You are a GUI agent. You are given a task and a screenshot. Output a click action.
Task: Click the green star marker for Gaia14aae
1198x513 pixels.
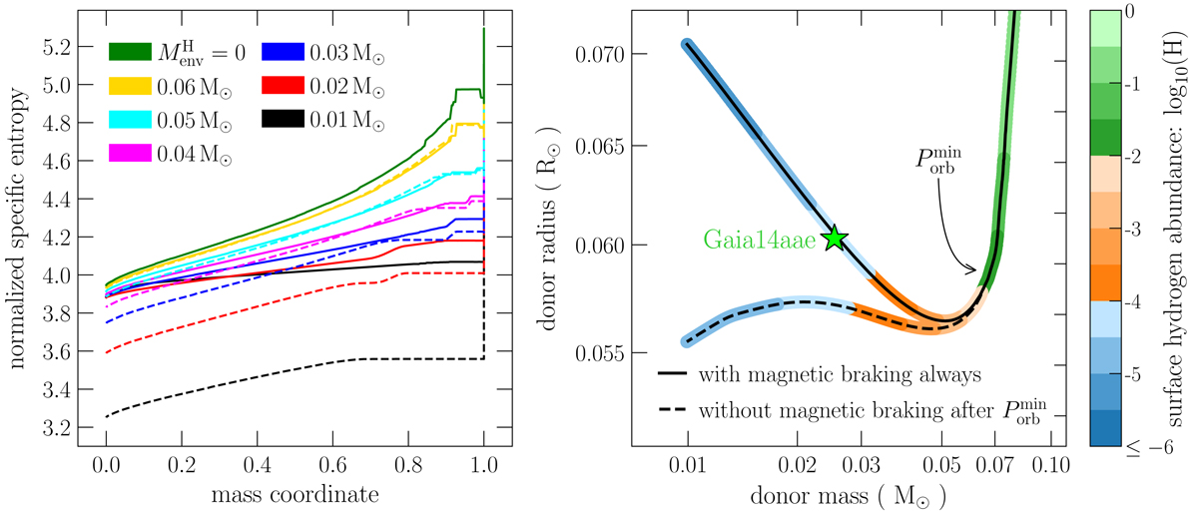pos(835,239)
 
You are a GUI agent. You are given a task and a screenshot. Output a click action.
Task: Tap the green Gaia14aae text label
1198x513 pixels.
pos(762,240)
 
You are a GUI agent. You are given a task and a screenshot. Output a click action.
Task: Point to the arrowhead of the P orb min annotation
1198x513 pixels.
pos(974,268)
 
